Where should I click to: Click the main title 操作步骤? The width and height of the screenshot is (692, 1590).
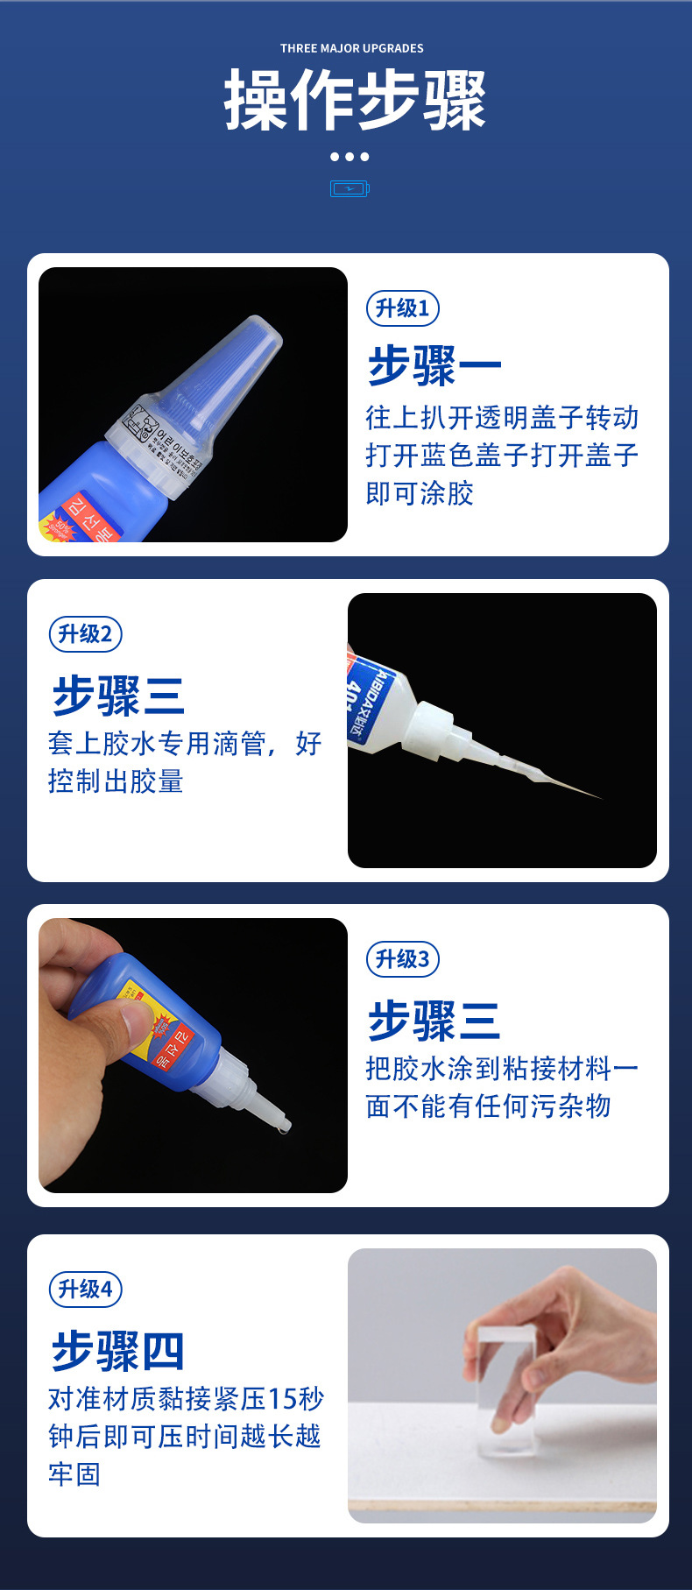pos(355,101)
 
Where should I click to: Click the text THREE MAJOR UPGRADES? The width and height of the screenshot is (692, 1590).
pos(351,48)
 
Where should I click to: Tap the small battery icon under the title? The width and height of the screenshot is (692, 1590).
pos(350,188)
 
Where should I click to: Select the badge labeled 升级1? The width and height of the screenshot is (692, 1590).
pos(402,308)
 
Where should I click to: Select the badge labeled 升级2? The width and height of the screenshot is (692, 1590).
pos(85,634)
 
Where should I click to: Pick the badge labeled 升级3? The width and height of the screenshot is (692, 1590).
pos(402,959)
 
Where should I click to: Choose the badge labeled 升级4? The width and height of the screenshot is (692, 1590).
pos(85,1290)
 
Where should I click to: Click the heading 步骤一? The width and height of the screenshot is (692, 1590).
pos(434,365)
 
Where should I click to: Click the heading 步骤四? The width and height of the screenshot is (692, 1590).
pos(117,1350)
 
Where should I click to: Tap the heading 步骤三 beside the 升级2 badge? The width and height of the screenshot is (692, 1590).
pos(117,696)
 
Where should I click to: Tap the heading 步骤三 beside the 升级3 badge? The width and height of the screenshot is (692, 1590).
pos(434,1021)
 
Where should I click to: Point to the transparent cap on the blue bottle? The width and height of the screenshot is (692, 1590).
pos(219,385)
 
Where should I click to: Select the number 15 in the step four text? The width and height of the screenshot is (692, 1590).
pos(282,1399)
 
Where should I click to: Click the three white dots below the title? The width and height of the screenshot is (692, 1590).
pos(350,157)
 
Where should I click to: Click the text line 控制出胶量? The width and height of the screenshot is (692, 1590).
pos(116,781)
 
